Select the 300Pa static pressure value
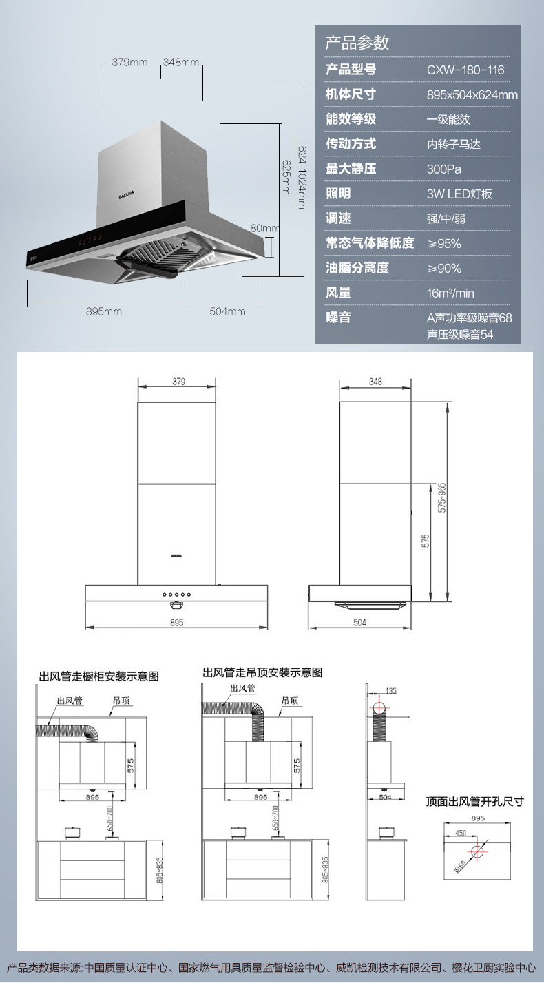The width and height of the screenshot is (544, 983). point(441,169)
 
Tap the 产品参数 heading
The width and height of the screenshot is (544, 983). point(357,43)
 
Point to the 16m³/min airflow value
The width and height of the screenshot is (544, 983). point(450,293)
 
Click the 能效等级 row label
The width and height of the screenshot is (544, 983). point(351,119)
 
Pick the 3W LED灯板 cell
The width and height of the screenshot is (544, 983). point(459,194)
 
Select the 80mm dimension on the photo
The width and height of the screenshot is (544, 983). point(264,228)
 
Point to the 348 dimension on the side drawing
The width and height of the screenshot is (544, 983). point(376,382)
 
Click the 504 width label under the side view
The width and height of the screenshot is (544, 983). point(359,622)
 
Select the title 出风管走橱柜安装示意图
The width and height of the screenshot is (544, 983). point(98,676)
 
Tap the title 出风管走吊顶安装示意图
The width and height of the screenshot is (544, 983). point(262,672)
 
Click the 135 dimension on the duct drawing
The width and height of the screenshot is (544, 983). point(391,690)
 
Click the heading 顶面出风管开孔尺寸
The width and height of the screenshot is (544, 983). point(474,801)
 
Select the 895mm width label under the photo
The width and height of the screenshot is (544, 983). point(104,311)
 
